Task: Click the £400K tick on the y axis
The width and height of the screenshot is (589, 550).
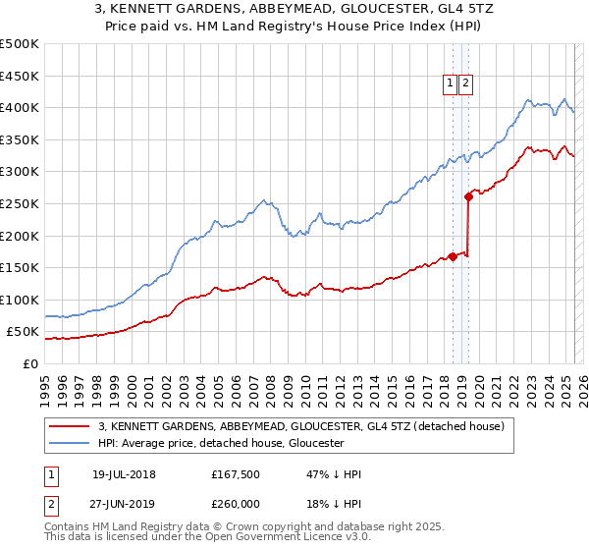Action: pos(21,107)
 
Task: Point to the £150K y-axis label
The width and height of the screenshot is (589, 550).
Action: pos(21,267)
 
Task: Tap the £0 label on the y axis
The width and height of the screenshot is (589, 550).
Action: pos(31,363)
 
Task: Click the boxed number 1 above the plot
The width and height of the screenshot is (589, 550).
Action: pos(451,84)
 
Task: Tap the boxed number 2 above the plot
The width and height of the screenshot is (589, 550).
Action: pos(465,84)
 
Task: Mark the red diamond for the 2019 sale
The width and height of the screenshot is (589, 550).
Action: pos(469,196)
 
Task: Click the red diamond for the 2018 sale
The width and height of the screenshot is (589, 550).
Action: pos(453,256)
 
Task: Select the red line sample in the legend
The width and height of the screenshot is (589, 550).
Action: pos(70,426)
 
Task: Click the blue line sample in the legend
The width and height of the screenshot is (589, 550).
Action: pos(70,443)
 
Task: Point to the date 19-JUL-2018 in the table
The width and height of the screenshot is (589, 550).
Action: pos(124,474)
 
